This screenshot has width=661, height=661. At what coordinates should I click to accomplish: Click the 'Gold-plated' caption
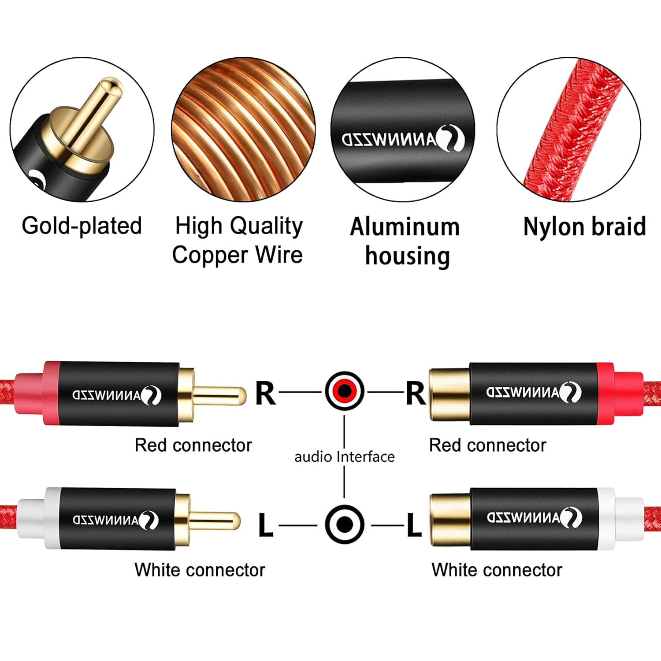(82, 226)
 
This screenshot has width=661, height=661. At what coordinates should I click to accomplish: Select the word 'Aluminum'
(405, 227)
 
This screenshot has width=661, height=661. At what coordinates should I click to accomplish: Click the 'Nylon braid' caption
(584, 227)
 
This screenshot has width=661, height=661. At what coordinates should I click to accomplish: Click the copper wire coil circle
(243, 130)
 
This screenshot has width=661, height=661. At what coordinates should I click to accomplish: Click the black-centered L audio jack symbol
(345, 524)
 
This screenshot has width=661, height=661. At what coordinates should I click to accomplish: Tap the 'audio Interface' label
(344, 457)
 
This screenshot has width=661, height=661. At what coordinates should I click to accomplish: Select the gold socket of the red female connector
(449, 393)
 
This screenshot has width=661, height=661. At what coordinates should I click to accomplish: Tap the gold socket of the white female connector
(449, 518)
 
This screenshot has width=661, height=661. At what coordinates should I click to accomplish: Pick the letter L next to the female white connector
(414, 525)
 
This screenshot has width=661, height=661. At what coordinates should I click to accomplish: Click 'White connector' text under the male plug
(200, 570)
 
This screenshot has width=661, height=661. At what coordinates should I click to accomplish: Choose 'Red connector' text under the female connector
(487, 445)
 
